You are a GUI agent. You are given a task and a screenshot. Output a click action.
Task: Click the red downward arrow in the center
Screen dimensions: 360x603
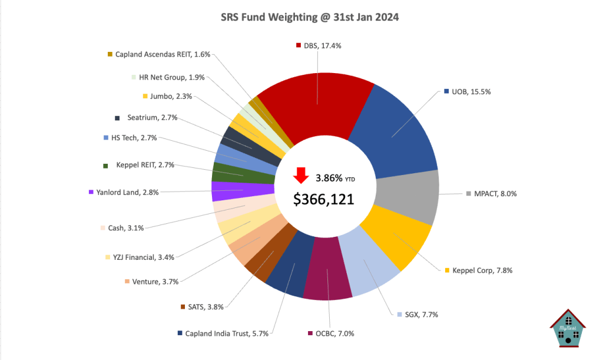coord(301,176)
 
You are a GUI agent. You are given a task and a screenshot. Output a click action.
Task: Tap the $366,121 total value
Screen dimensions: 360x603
coord(324,199)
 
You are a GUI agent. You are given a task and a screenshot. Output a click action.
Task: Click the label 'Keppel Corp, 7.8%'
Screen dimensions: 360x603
coord(481,270)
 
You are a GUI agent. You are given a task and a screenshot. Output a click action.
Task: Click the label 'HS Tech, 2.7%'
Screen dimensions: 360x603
coord(130,138)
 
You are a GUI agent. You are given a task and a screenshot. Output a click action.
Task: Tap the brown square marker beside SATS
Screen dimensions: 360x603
coord(183,306)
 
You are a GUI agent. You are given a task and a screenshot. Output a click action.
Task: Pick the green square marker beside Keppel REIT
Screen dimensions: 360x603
coord(105,166)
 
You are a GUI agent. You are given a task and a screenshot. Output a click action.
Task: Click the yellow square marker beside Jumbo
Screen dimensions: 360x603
coord(145,96)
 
